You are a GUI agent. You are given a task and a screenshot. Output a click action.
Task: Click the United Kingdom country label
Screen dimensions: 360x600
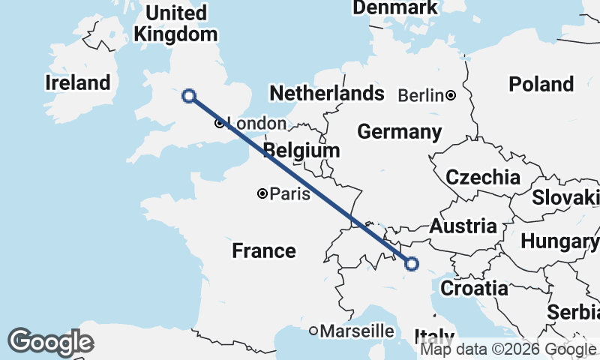[175, 23]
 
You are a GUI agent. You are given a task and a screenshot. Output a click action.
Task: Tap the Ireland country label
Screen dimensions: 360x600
[78, 82]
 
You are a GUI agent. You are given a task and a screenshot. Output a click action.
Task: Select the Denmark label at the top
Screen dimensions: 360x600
[394, 7]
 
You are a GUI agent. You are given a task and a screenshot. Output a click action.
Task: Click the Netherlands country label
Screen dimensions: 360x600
[326, 94]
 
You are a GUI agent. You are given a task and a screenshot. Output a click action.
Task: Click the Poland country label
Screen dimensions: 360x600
[541, 84]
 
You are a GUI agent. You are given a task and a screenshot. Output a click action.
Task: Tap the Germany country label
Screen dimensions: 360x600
[399, 132]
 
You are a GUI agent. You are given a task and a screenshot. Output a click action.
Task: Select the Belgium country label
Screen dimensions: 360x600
[302, 151]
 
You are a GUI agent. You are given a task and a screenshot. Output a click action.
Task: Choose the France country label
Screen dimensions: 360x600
[264, 250]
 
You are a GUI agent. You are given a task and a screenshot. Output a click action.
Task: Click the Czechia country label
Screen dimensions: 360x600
[483, 178]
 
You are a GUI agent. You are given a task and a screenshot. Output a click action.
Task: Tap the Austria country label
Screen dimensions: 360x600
[463, 226]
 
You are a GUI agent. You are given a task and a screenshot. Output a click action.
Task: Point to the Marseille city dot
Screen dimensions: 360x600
[314, 331]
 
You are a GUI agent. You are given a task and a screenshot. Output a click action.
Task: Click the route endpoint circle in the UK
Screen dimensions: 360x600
[189, 95]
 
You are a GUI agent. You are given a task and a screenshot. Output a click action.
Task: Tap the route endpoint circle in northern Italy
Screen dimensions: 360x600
[411, 263]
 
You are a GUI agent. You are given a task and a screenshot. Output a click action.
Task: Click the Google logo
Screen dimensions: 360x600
[50, 342]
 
